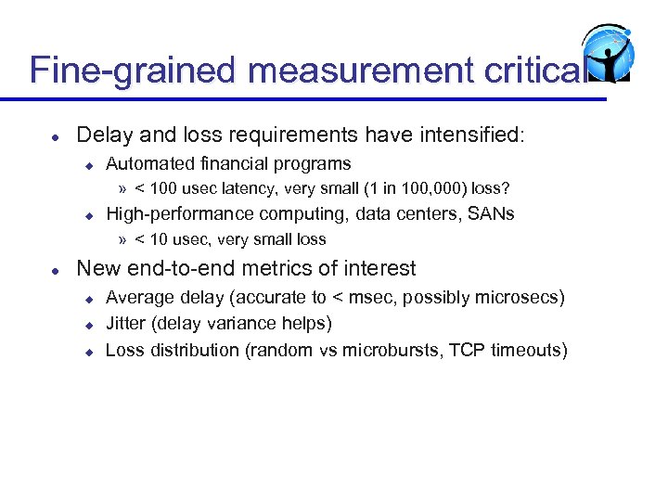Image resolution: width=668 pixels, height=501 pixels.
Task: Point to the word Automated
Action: pyautogui.click(x=152, y=164)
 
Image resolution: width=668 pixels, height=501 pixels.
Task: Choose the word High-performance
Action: pyautogui.click(x=180, y=214)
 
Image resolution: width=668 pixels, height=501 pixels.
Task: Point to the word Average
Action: pyautogui.click(x=138, y=298)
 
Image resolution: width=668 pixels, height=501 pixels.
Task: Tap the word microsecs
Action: pyautogui.click(x=520, y=298)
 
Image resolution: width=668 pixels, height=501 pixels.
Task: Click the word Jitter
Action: pyautogui.click(x=126, y=323)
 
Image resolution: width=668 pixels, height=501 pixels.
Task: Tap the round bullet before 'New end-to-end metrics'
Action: pyautogui.click(x=56, y=270)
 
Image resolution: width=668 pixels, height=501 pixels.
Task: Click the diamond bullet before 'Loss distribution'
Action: pyautogui.click(x=90, y=351)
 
